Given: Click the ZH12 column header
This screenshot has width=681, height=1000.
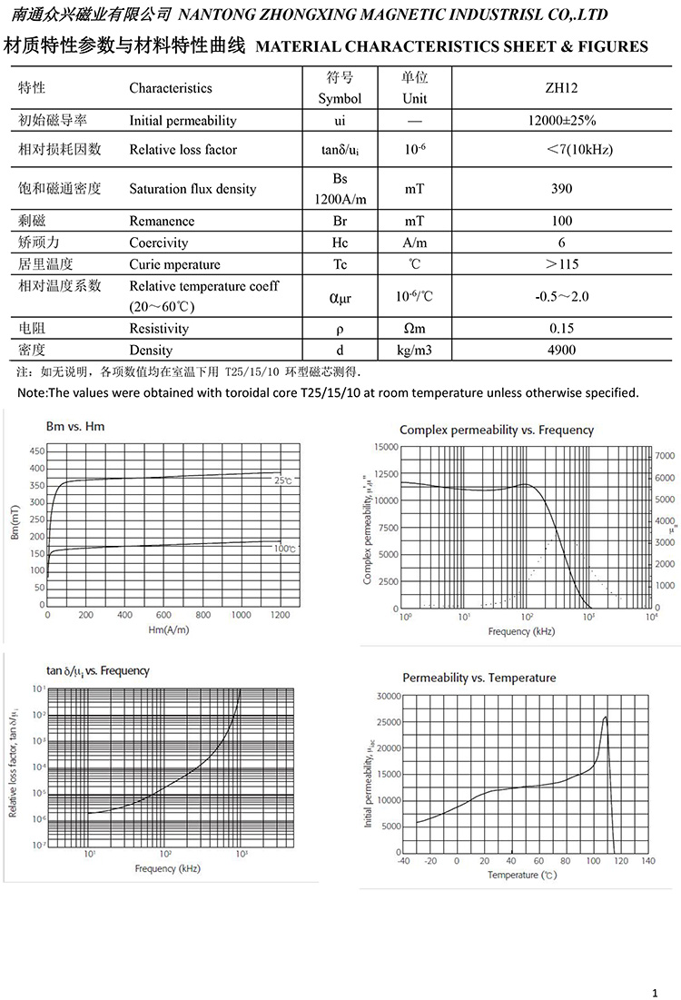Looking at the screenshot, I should tap(561, 88).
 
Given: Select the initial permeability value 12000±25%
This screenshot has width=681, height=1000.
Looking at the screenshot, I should tap(561, 120).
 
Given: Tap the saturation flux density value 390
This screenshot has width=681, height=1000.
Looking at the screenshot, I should tap(561, 189).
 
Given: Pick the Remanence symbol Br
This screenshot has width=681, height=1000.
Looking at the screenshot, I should tap(340, 221).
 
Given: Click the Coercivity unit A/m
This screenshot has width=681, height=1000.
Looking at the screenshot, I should tap(415, 243).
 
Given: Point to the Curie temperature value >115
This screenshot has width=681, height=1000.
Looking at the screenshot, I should tap(561, 264).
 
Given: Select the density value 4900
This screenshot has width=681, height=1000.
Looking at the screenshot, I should tap(561, 350).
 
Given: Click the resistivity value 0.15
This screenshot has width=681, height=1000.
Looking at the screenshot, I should tap(561, 329).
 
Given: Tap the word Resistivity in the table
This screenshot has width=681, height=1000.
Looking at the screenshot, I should tap(159, 329).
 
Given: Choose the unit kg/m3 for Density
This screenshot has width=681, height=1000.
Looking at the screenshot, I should tap(415, 350).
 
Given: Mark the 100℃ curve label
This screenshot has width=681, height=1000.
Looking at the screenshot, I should tap(285, 549).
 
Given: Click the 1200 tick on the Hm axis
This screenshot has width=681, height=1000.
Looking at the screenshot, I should tap(280, 616).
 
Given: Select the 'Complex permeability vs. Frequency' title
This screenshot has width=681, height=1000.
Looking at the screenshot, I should tap(497, 430).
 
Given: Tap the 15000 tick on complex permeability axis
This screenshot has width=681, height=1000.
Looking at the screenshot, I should tap(386, 447).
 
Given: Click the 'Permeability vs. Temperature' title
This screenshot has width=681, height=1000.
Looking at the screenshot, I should tap(479, 678).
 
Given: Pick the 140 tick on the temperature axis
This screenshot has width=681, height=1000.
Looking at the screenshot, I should tap(647, 860).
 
